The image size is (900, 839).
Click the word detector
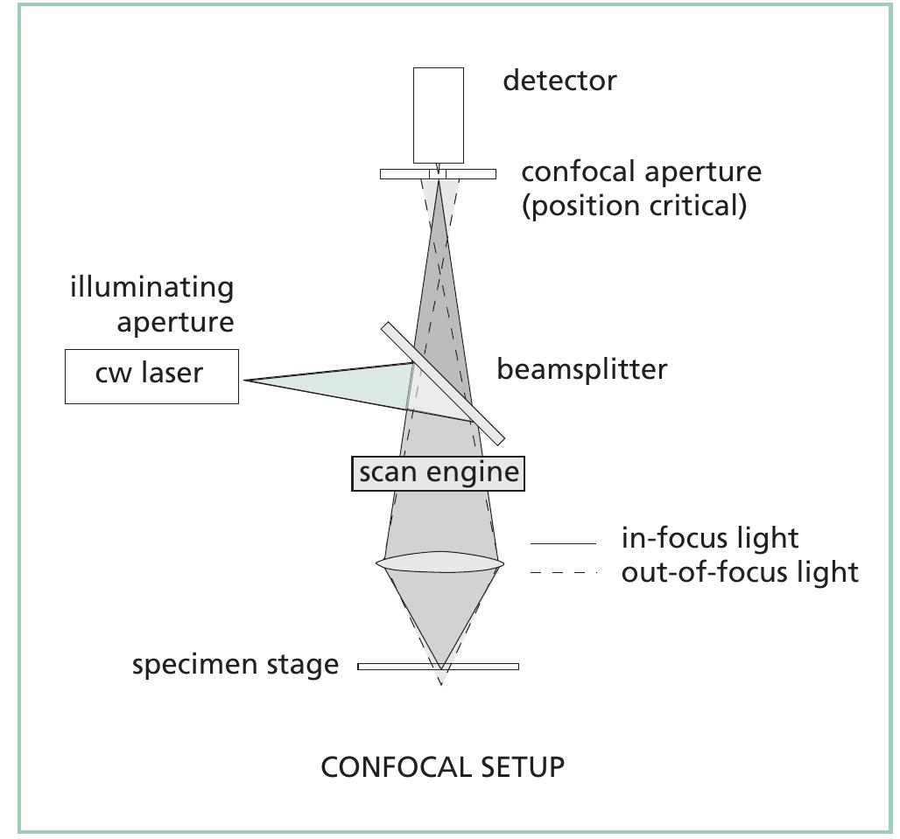tap(559, 80)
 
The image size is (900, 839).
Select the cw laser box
tap(151, 376)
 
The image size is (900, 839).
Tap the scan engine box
tap(438, 473)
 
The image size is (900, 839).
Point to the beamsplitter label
tap(581, 369)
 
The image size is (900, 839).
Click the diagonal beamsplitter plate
tap(443, 383)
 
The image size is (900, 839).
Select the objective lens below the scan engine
tap(440, 563)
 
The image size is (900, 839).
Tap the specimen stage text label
tap(235, 665)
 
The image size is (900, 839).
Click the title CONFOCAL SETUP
tap(442, 767)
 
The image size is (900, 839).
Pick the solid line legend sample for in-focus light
tap(563, 544)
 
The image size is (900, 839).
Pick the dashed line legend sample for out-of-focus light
tap(563, 573)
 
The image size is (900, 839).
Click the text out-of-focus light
tap(740, 572)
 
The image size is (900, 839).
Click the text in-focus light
tap(710, 538)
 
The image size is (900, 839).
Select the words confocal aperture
tap(641, 171)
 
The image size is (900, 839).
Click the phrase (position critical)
tap(634, 206)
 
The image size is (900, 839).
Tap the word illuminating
tap(151, 288)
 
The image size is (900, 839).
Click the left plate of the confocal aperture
tap(404, 174)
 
